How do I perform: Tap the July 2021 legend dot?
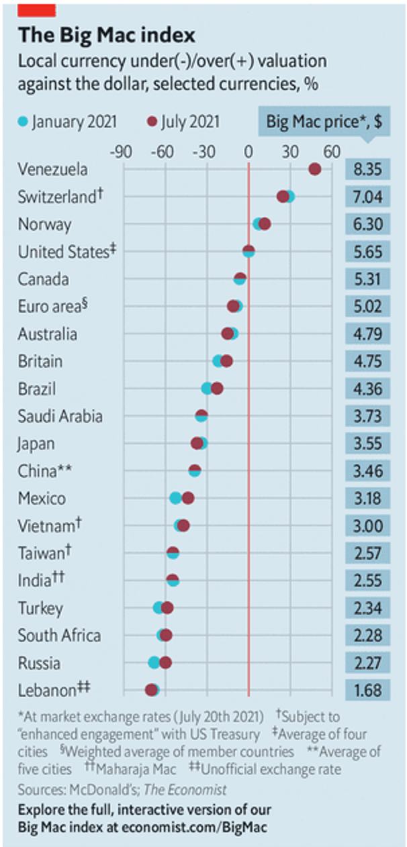[152, 121]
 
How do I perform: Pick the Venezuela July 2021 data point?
[314, 169]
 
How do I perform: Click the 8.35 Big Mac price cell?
[367, 169]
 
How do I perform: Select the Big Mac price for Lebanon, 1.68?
[367, 690]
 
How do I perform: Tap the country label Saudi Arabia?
[60, 416]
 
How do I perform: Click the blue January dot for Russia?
[154, 662]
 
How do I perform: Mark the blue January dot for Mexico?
[176, 498]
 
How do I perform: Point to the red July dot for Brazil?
[216, 389]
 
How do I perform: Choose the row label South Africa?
[59, 636]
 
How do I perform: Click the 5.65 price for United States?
[367, 252]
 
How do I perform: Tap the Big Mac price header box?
[324, 121]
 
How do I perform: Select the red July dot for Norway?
[265, 223]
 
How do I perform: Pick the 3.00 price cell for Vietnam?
[367, 526]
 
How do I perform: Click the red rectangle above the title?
[37, 9]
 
